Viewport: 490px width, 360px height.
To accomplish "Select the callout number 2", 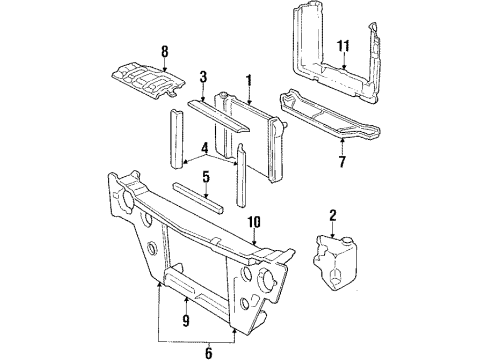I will click(332, 215).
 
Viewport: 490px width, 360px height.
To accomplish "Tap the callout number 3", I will click(203, 77).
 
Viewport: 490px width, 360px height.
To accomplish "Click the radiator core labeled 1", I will click(254, 135).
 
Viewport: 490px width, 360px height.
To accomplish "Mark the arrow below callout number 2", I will click(332, 228).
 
